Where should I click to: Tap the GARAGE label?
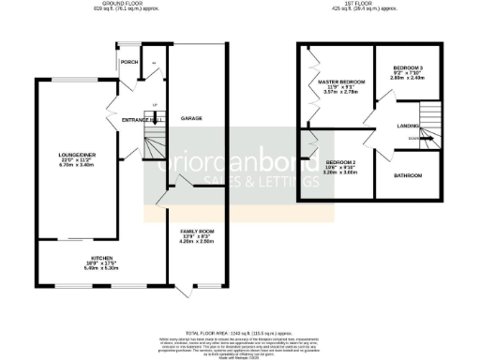point(191,118)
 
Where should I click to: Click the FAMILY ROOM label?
point(198,231)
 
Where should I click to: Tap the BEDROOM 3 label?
point(408,67)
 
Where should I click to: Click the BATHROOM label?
point(408,175)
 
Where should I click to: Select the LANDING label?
point(408,124)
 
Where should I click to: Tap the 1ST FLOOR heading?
point(370,4)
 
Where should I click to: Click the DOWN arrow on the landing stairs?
point(414,140)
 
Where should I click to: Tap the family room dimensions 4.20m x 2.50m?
point(198,241)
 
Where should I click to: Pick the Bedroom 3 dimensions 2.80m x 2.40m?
point(408,78)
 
